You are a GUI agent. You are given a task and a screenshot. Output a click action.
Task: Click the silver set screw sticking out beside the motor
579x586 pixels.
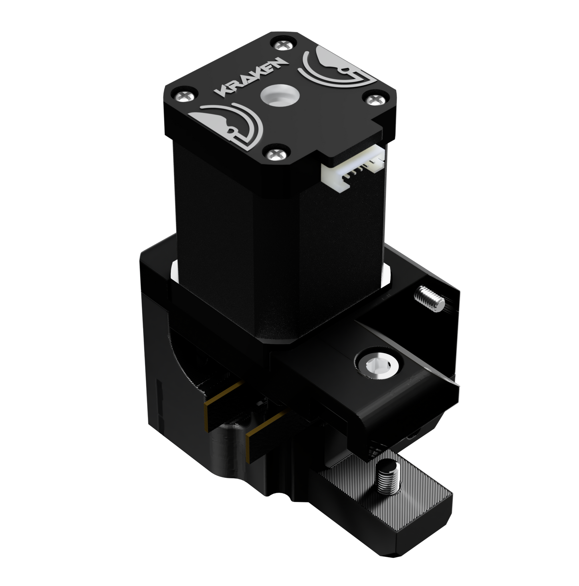(428, 298)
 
